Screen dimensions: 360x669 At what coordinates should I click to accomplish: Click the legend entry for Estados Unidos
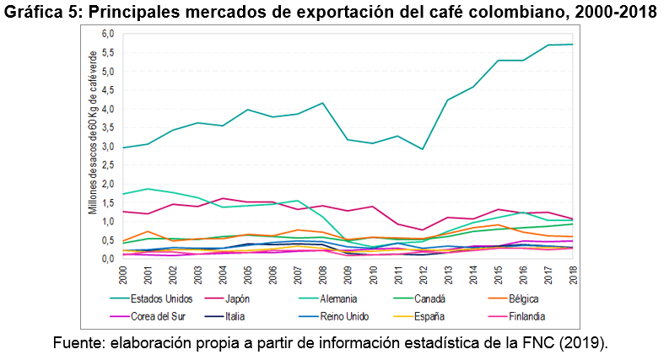[167, 298]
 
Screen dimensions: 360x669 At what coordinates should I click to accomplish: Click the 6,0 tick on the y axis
[106, 34]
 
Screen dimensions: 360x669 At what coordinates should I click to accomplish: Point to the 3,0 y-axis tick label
[106, 147]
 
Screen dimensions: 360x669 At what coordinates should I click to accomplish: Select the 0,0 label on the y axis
[106, 259]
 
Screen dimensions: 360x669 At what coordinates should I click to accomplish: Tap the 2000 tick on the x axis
[122, 273]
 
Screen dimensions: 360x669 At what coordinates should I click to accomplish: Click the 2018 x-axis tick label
[574, 273]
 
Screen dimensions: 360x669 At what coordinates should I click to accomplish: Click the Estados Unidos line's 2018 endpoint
[574, 45]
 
